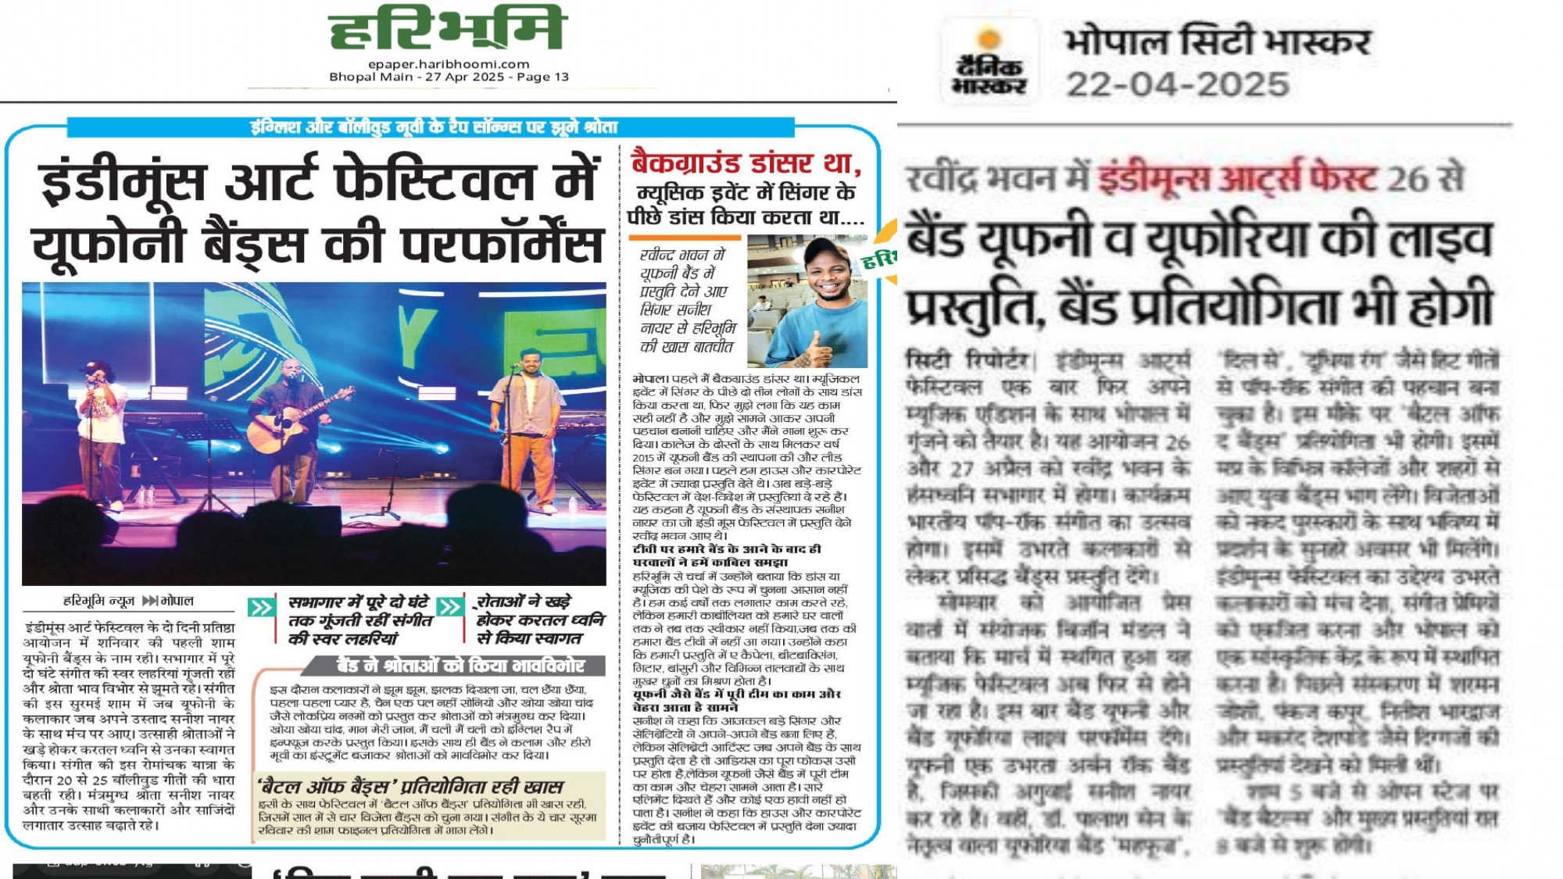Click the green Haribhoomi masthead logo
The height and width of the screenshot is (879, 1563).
point(446,29)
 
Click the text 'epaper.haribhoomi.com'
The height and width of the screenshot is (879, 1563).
point(449,64)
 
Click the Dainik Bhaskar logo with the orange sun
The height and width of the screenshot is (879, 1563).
point(989,63)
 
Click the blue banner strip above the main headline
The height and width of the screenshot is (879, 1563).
point(432,127)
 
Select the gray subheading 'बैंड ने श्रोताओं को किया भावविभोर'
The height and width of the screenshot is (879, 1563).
point(460,665)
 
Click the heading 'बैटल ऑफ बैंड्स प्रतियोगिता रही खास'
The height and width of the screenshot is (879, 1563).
point(411,786)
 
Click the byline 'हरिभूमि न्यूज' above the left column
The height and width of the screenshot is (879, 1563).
point(99,601)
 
